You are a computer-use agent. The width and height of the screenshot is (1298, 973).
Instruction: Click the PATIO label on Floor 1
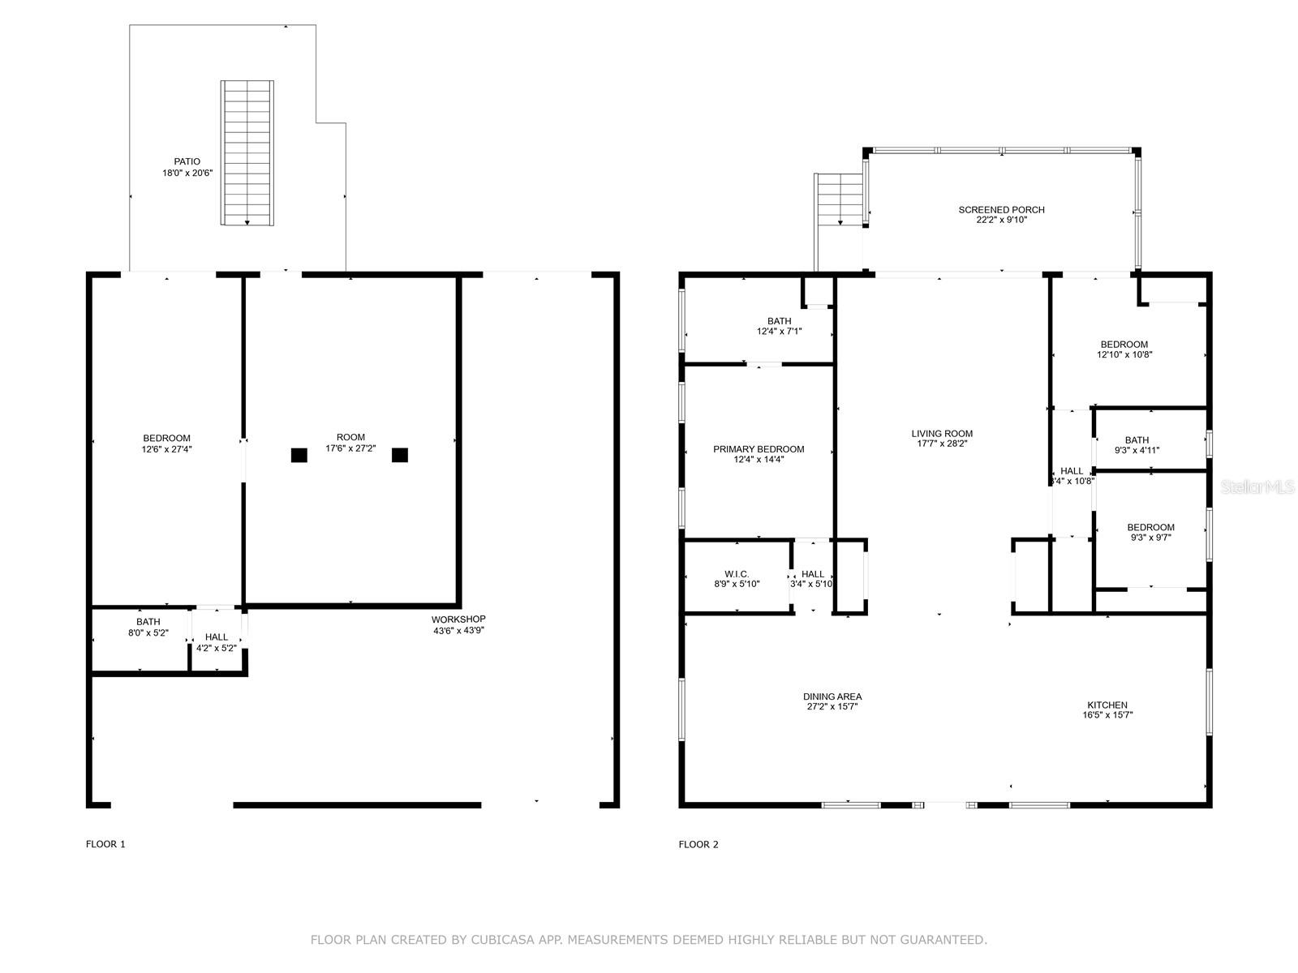pos(187,161)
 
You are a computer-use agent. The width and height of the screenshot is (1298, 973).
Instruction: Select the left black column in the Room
pos(299,455)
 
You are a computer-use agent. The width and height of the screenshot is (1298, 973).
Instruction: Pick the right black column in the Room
pos(399,455)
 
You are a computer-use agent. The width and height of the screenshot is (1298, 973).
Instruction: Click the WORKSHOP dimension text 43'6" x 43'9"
pos(458,630)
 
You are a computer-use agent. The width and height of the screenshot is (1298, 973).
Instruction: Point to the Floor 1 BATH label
pos(148,622)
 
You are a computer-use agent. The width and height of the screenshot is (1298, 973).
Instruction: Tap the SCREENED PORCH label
pos(1001,210)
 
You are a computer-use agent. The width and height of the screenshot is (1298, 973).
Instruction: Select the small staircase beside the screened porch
pos(839,199)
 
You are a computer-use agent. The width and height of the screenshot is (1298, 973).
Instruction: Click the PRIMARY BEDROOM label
pos(759,449)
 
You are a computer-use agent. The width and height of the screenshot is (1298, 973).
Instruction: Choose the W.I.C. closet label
pos(737,574)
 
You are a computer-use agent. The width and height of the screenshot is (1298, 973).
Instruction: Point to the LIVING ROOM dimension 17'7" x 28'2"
pos(941,444)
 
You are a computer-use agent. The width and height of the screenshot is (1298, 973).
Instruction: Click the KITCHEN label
pos(1107,705)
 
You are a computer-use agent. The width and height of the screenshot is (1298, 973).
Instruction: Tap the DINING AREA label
pos(832,697)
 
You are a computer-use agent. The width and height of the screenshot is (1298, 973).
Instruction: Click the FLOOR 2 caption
pos(698,844)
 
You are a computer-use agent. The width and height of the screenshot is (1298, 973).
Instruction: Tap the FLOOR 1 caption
pos(105,844)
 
